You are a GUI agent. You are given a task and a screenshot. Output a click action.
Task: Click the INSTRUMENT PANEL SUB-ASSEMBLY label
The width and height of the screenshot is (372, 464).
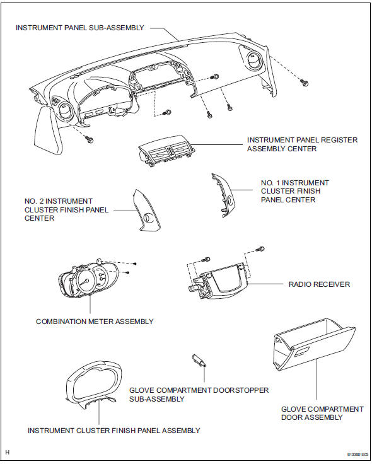80,28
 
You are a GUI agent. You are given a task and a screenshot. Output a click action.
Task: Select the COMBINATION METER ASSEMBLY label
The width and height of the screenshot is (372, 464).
95,322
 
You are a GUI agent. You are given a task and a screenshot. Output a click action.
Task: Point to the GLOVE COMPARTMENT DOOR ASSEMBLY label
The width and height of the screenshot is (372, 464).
322,413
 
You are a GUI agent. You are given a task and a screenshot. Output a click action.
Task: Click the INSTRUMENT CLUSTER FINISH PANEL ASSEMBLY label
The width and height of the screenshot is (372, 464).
114,430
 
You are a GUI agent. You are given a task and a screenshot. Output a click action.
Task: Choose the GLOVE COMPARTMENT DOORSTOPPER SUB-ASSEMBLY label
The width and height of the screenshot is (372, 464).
199,395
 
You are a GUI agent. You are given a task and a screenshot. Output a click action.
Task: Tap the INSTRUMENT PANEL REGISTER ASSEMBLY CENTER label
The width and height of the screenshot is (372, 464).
302,144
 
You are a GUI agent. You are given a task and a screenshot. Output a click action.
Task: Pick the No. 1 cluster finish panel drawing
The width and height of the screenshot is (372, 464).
227,195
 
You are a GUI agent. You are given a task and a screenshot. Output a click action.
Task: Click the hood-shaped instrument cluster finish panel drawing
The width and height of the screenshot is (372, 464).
95,386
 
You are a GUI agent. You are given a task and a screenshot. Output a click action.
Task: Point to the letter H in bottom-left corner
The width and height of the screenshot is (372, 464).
7,453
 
